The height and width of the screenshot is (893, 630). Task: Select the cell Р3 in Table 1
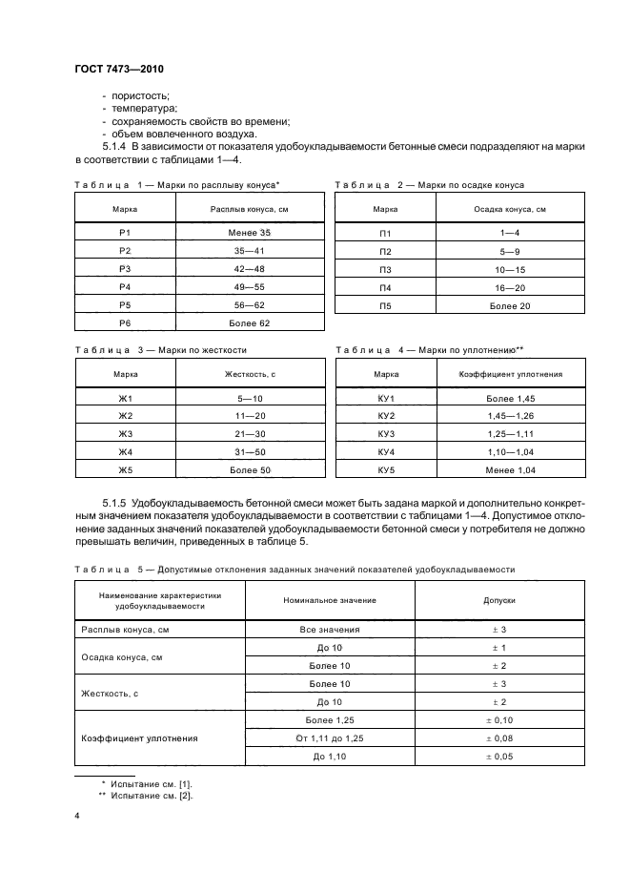(x=123, y=269)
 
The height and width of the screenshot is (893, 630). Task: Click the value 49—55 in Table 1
(x=250, y=287)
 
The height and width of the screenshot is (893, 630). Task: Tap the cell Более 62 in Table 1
(x=250, y=323)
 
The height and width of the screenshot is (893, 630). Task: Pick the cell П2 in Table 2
(x=385, y=251)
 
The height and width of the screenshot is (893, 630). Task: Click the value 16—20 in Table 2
(x=513, y=287)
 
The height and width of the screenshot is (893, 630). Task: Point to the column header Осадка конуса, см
(x=511, y=207)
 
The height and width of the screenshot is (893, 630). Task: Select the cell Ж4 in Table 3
(x=123, y=451)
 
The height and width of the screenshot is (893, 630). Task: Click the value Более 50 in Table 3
(x=250, y=469)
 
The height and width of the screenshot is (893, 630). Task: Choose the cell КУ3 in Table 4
(x=385, y=433)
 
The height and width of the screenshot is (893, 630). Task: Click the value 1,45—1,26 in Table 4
(x=513, y=415)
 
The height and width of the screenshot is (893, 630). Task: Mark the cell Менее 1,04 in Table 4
(x=513, y=469)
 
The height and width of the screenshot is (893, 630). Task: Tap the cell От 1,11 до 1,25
(x=330, y=737)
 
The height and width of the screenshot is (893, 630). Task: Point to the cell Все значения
(x=330, y=630)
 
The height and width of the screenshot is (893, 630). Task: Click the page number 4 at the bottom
(x=76, y=817)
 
